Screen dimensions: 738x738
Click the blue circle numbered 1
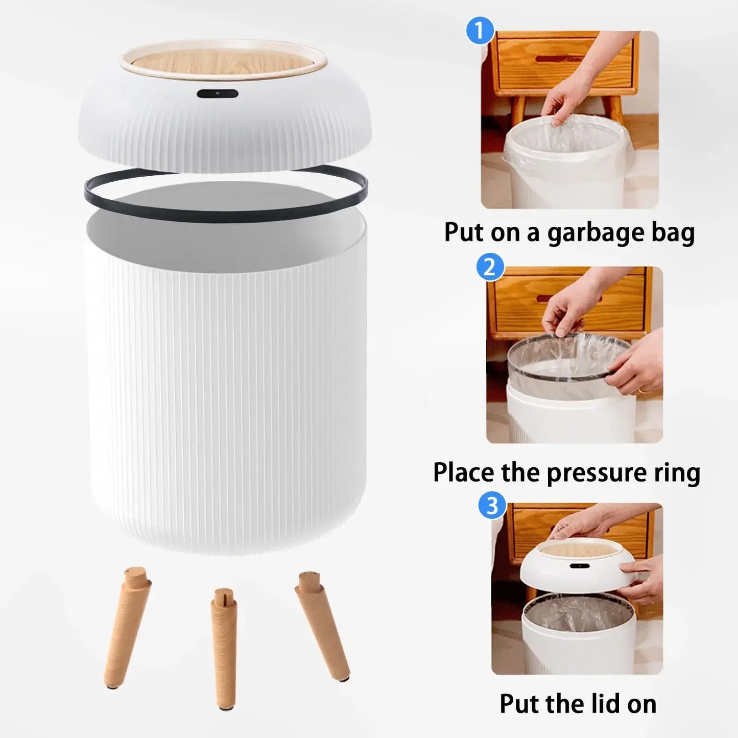(x=480, y=31)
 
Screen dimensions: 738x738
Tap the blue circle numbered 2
(x=490, y=267)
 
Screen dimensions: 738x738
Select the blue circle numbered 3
(x=492, y=506)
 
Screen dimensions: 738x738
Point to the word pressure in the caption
(x=597, y=473)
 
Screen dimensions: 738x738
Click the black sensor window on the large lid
(x=218, y=94)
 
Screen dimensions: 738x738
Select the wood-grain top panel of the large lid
(x=223, y=63)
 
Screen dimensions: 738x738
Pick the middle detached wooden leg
(x=224, y=649)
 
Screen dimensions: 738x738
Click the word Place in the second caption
(x=464, y=473)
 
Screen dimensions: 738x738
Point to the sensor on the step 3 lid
(x=577, y=567)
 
